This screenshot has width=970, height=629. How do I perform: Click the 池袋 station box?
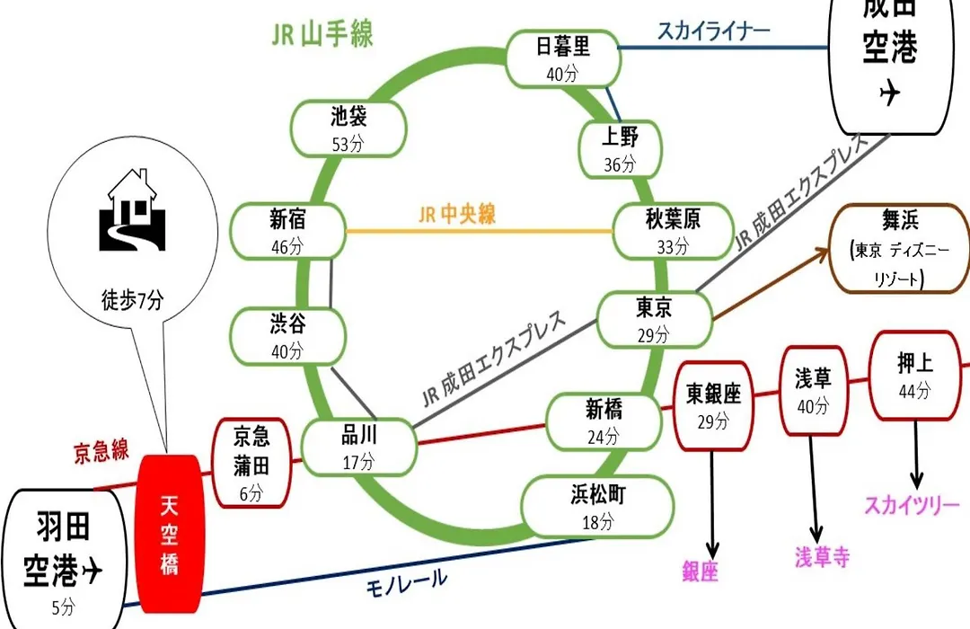click(x=348, y=128)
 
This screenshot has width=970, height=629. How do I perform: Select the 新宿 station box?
click(x=288, y=231)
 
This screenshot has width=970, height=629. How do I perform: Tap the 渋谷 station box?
click(x=288, y=336)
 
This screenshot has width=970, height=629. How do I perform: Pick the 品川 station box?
click(x=359, y=447)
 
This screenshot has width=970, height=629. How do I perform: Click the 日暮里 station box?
click(x=563, y=58)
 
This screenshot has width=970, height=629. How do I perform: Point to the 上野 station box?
click(x=620, y=149)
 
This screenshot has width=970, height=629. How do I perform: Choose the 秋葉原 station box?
click(x=673, y=231)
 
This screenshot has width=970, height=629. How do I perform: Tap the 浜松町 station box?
click(x=597, y=507)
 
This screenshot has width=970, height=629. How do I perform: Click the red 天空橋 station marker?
click(x=170, y=534)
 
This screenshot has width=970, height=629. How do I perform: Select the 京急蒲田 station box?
click(x=251, y=463)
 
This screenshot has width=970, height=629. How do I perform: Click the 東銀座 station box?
click(x=713, y=406)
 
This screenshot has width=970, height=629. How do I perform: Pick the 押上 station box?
click(x=915, y=376)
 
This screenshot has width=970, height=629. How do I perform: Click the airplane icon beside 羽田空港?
click(x=91, y=569)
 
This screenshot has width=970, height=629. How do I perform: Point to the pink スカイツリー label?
click(x=912, y=505)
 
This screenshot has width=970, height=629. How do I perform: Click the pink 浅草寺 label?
click(x=822, y=556)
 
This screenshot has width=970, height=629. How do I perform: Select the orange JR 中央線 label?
click(x=457, y=214)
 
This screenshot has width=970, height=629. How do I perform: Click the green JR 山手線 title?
click(x=322, y=34)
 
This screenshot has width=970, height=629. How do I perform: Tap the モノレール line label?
click(x=407, y=582)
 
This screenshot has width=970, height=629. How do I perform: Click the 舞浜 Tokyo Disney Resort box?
click(x=900, y=248)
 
